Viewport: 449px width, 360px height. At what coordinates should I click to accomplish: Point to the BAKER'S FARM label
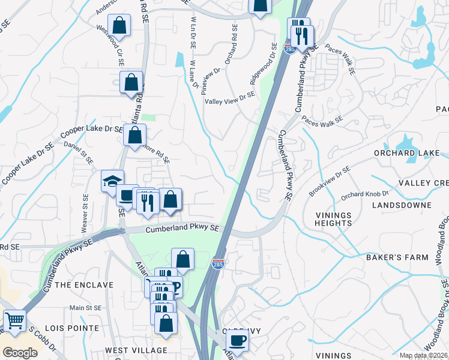tap(397, 257)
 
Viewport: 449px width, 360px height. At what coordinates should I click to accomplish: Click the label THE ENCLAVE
tap(84, 285)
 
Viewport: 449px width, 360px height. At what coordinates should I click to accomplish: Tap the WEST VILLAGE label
tap(136, 350)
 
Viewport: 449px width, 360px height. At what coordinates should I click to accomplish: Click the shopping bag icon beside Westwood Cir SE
tap(120, 26)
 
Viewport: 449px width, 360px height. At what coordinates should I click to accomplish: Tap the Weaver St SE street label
tap(85, 214)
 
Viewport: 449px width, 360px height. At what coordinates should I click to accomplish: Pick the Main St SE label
tap(85, 308)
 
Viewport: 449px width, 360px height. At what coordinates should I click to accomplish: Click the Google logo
tap(20, 353)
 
